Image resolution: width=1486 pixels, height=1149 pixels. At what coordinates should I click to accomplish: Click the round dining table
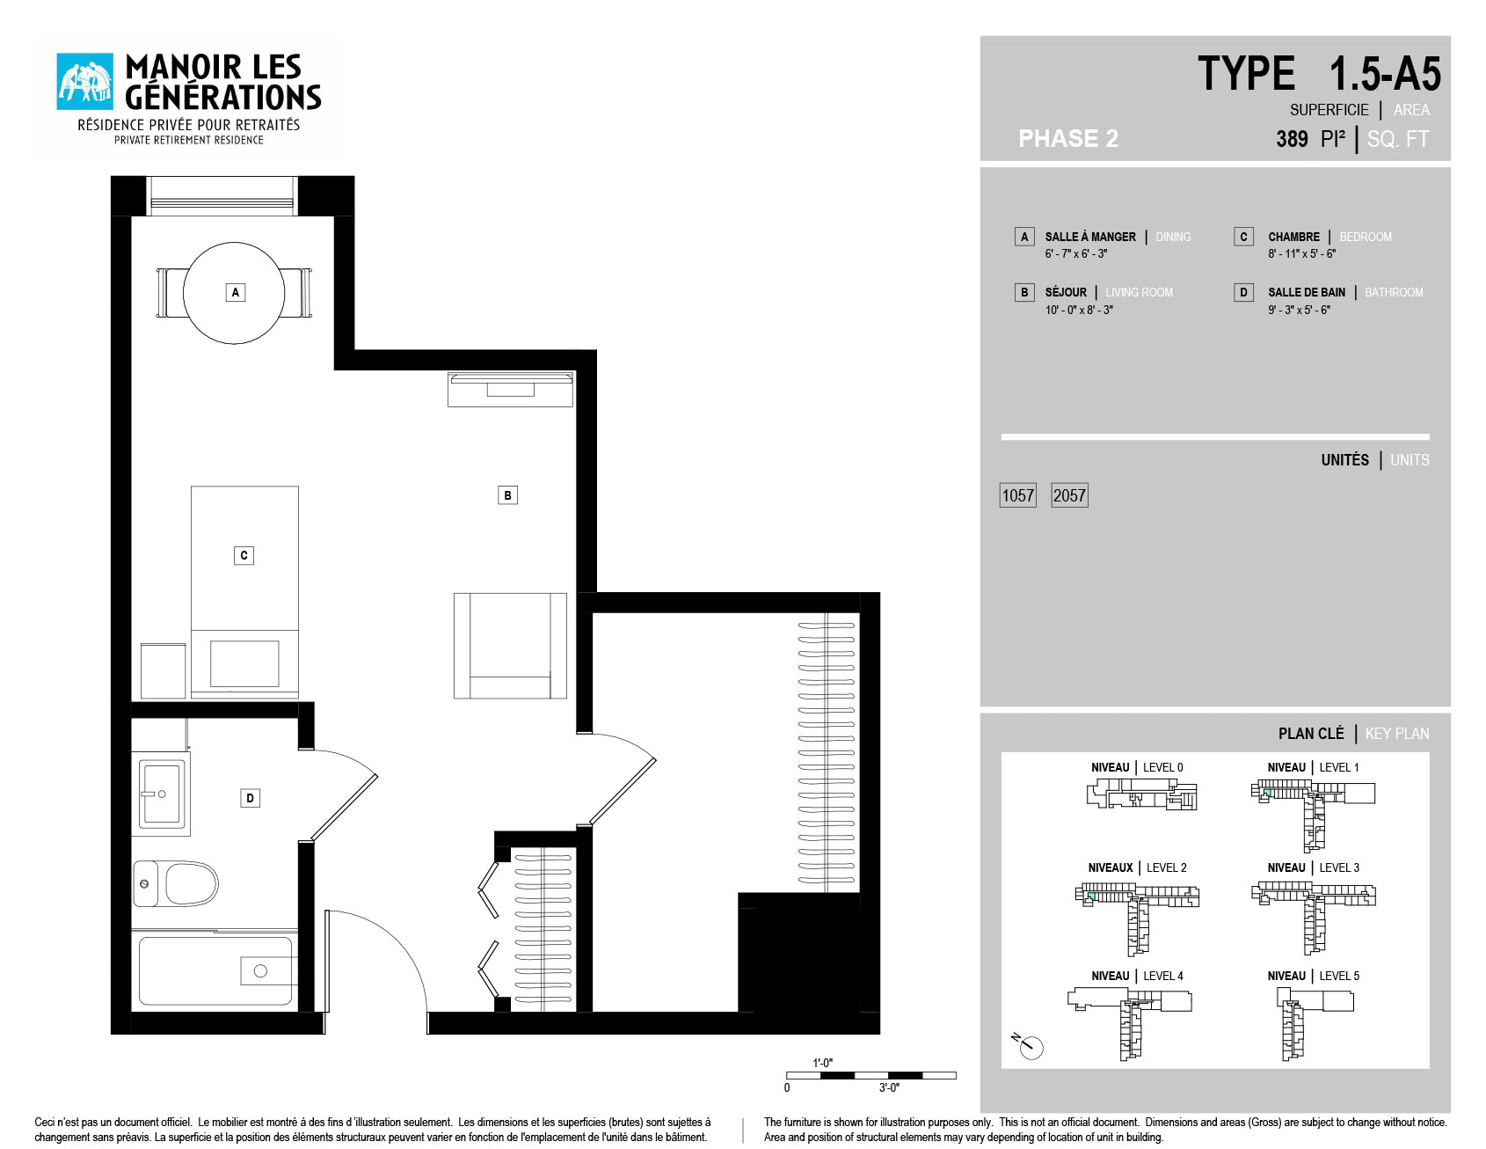coord(234,293)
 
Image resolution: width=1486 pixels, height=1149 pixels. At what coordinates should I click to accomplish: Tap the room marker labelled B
coord(507,495)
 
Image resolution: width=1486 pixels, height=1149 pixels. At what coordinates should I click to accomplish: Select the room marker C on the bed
coord(244,555)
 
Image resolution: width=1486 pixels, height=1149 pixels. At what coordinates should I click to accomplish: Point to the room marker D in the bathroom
coord(251,798)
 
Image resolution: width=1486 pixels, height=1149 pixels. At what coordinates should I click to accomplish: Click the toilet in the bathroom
coord(176,883)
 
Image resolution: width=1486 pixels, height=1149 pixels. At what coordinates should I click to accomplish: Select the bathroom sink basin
coord(162,794)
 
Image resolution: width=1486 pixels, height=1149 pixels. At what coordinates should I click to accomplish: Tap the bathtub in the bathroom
coord(215,970)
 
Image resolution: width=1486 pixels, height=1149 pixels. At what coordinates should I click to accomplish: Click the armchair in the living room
coord(510,646)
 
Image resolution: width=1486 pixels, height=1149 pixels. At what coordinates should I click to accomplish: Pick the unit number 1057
coord(1018,495)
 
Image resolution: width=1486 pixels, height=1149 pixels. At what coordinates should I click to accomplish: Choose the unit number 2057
coord(1070,495)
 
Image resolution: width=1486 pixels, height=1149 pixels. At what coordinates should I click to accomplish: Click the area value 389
coord(1292,139)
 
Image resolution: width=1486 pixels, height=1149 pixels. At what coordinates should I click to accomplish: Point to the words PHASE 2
coord(1068,139)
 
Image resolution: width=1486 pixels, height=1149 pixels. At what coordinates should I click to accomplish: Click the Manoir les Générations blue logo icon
coord(85,82)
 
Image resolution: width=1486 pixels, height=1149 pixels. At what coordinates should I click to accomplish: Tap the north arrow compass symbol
coord(1029,1045)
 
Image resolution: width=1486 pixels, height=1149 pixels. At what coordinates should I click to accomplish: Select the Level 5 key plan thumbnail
coord(1315,1023)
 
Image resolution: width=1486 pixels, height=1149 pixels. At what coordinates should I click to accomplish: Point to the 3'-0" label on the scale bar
coord(889,1088)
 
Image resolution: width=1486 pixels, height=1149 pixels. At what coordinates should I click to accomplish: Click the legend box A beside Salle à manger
coord(1024,237)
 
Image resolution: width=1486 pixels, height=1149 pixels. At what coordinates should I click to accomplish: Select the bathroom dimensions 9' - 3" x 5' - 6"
coord(1299,310)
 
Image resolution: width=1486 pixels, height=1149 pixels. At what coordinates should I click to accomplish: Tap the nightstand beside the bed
coord(164,671)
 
